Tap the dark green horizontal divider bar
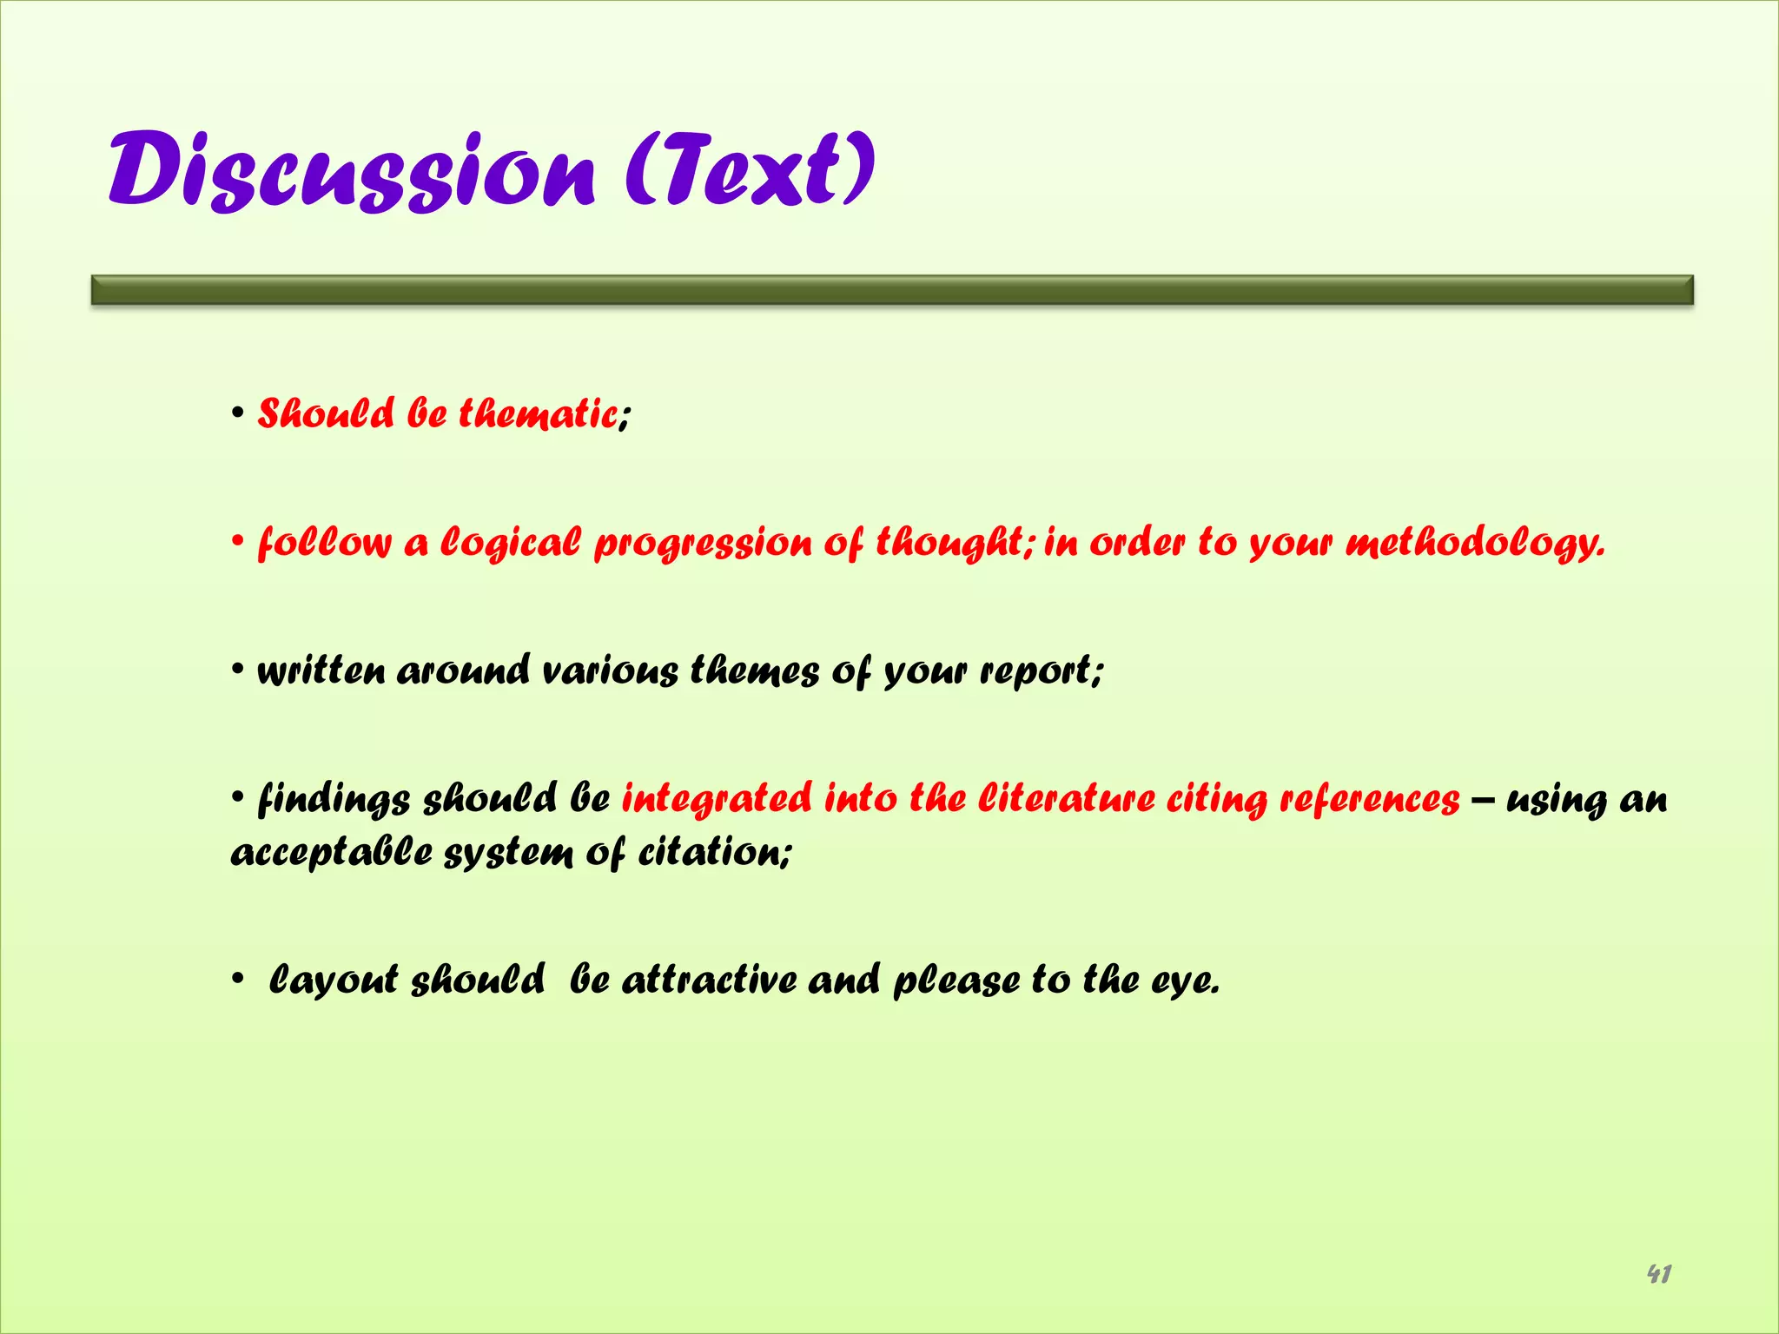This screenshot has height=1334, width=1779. tap(892, 290)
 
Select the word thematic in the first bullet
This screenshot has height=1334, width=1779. tap(538, 413)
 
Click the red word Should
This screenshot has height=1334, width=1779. tap(326, 413)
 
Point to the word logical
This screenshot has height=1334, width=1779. tap(511, 543)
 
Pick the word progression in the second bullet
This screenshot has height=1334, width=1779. tap(702, 543)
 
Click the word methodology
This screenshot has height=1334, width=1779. tap(1474, 543)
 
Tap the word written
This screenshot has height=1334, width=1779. tap(321, 670)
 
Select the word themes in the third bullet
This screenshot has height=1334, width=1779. tap(754, 670)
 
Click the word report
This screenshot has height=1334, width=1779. tap(1037, 670)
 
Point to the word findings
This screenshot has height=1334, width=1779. tap(334, 799)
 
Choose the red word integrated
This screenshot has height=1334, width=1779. tap(717, 799)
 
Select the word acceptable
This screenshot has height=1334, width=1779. tap(331, 852)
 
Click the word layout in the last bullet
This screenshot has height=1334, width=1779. tap(334, 981)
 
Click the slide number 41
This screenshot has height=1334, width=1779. tap(1658, 1274)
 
